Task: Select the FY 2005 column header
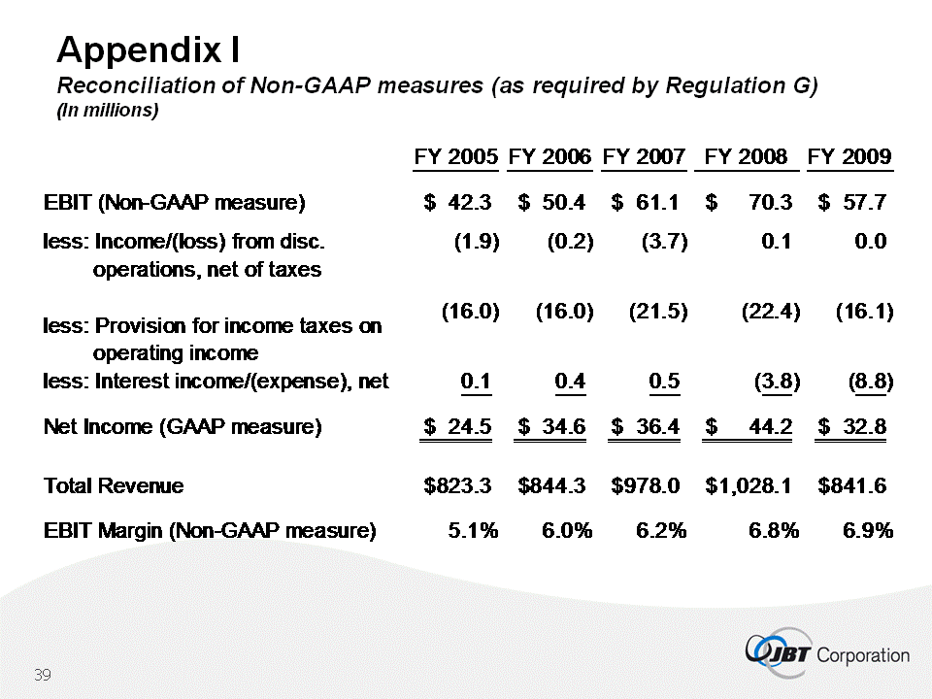pos(456,156)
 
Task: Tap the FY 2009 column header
pos(849,156)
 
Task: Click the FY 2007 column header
pos(645,156)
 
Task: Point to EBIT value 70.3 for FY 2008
pos(767,203)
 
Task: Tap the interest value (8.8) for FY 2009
pos(870,382)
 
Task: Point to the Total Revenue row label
pos(114,485)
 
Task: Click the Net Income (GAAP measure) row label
pos(183,425)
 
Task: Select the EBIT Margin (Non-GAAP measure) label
pos(209,530)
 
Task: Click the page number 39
pos(42,676)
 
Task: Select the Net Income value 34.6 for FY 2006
pos(560,425)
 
